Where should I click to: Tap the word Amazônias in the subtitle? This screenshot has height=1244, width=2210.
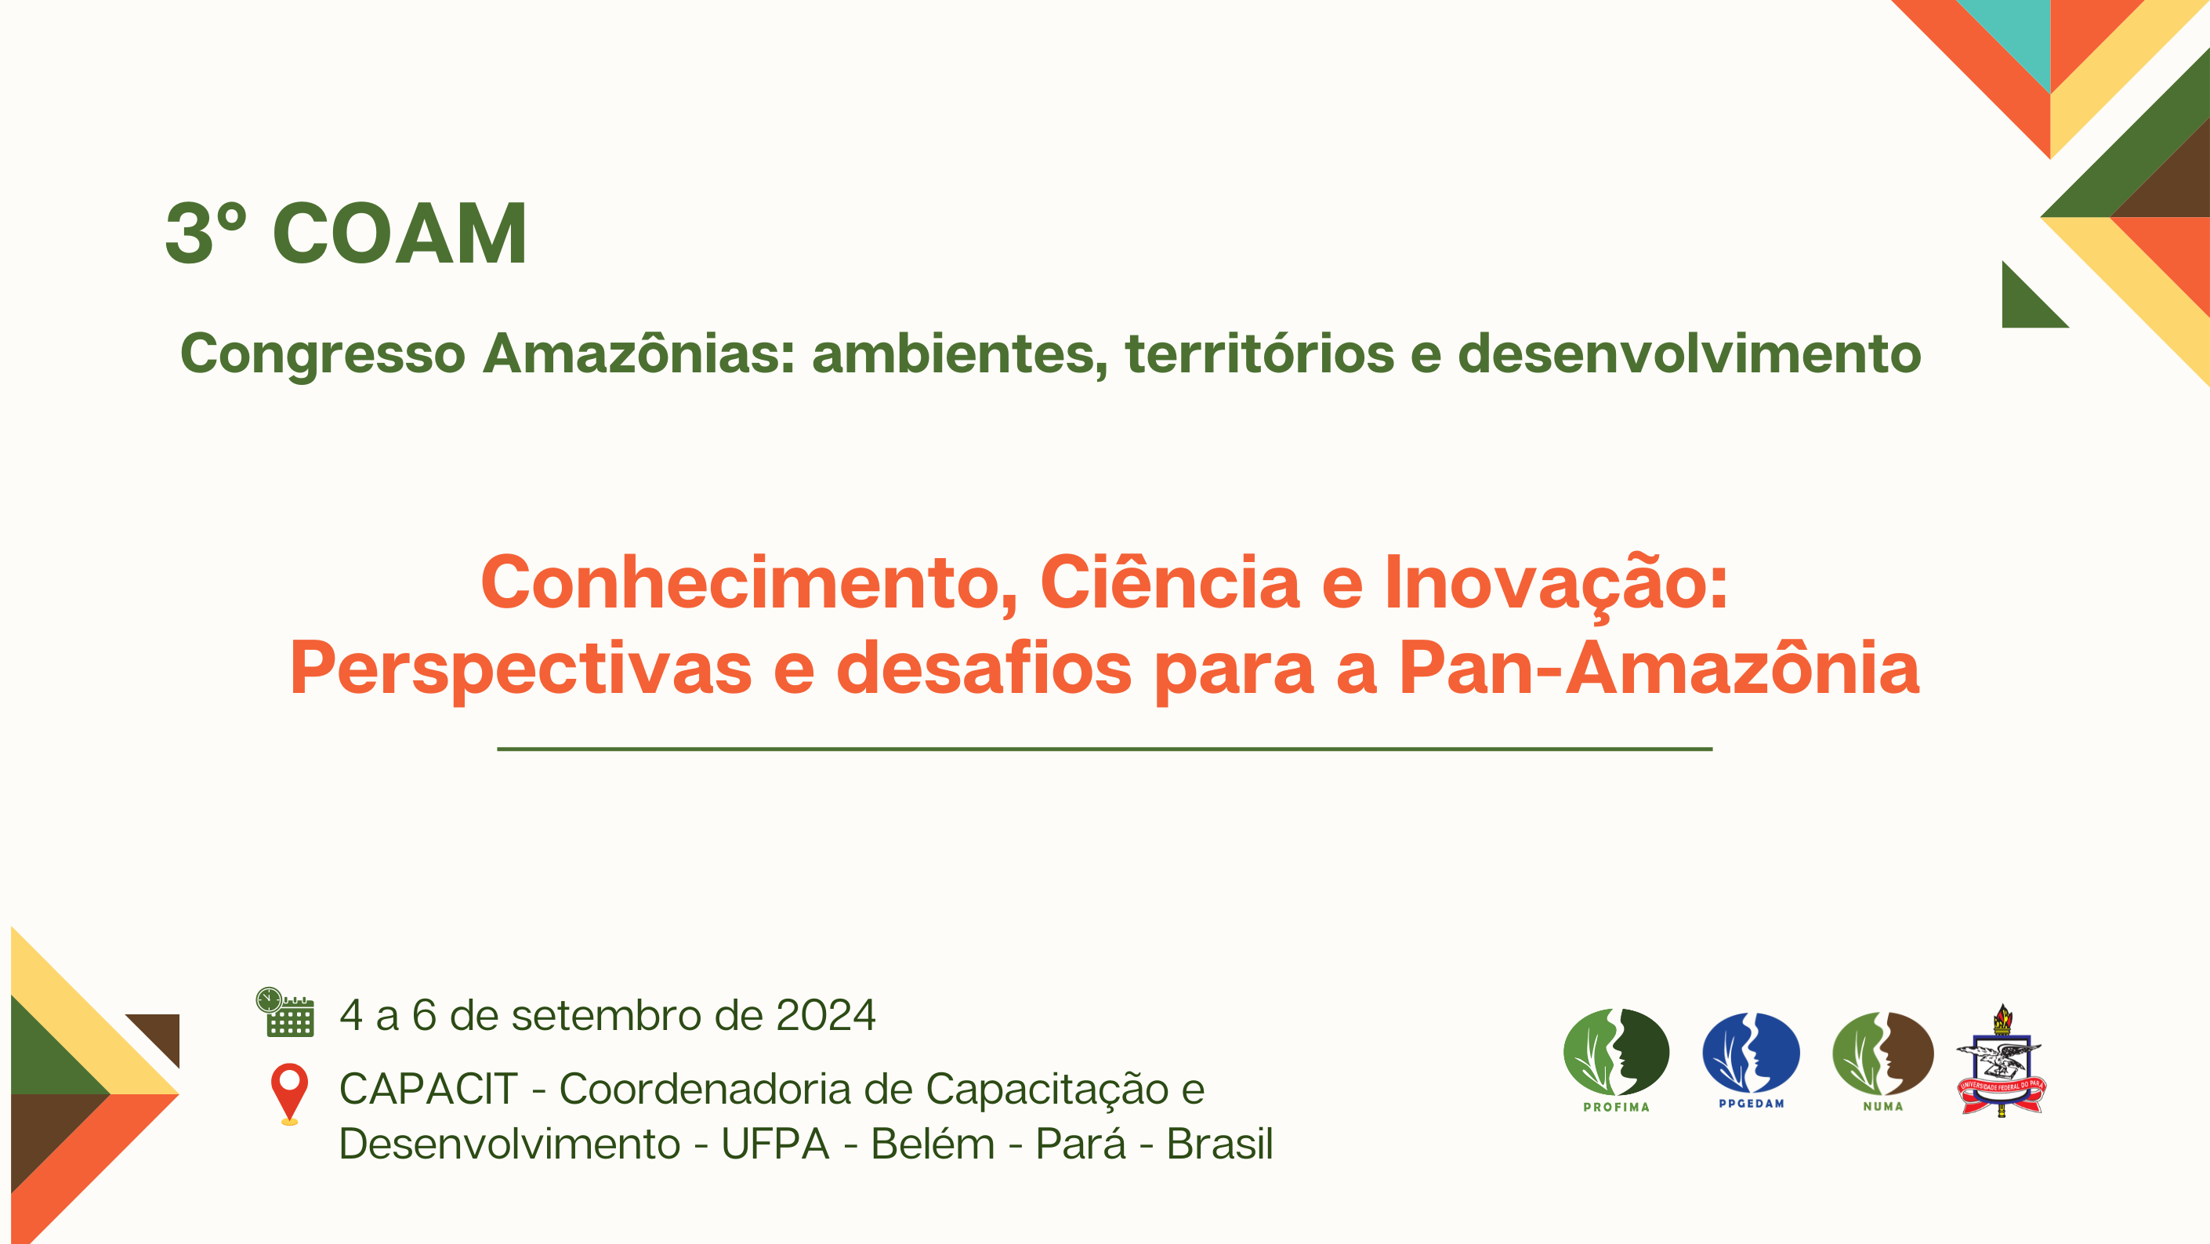(639, 353)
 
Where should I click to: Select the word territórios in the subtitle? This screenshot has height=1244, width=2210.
(1259, 353)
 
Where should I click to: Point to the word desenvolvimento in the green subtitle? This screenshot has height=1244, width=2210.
(1690, 353)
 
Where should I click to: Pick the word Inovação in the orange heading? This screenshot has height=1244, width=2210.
(1556, 582)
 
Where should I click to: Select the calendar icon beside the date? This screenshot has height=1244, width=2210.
(286, 1012)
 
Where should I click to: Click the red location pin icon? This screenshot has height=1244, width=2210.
(289, 1093)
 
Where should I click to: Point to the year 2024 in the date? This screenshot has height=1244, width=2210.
(825, 1015)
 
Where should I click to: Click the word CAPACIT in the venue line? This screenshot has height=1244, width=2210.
(428, 1089)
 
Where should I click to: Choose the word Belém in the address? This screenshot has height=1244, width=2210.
(933, 1144)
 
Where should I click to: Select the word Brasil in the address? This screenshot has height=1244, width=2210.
(1219, 1144)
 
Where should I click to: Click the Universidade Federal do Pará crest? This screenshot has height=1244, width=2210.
(2001, 1061)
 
